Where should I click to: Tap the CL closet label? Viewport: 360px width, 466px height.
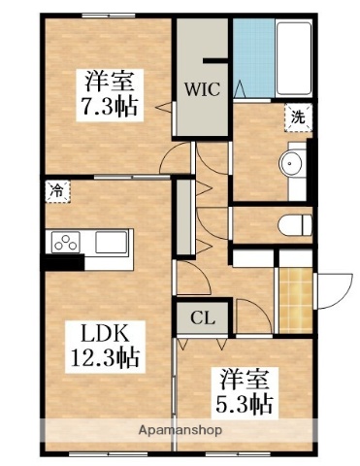(x=202, y=316)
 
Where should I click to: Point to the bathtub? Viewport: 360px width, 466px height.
(x=293, y=58)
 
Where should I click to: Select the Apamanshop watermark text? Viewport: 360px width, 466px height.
(x=180, y=429)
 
